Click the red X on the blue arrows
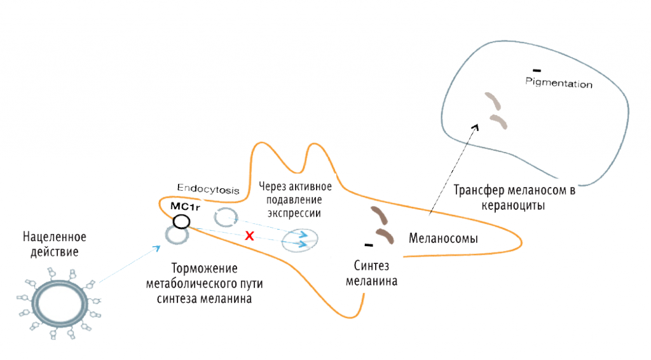(250, 236)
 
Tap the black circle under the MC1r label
(181, 221)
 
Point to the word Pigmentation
(559, 83)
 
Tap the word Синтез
(371, 265)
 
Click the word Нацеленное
(55, 238)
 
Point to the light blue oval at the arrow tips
(299, 240)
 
